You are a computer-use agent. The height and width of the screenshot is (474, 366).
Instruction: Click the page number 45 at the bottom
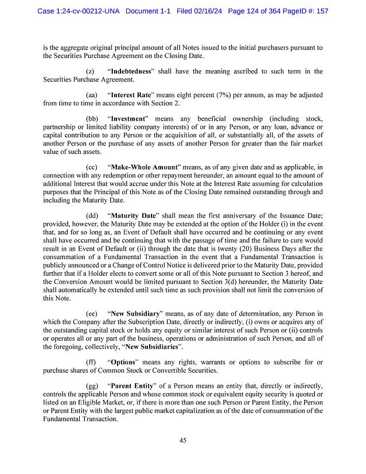(x=183, y=441)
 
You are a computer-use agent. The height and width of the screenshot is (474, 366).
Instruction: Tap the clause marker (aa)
(x=91, y=95)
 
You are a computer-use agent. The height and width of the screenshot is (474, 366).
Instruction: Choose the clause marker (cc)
(x=91, y=166)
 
